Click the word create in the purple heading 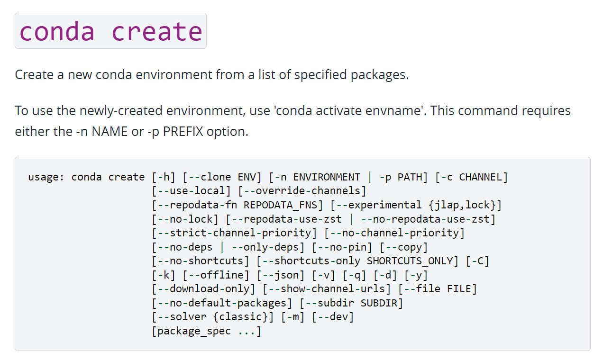157,31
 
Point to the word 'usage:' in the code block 46,177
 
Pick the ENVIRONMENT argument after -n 327,177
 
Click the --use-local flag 192,191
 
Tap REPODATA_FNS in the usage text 283,205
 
